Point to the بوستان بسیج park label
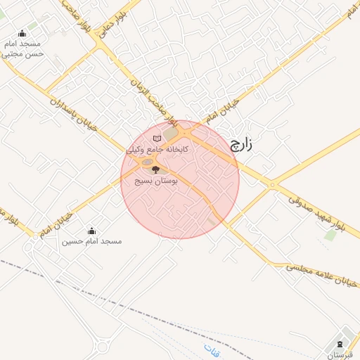[x=158, y=181]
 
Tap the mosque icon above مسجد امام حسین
[x=91, y=231]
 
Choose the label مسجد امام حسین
[x=91, y=241]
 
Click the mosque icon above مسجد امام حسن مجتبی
[x=22, y=33]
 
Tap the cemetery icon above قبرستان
[x=341, y=344]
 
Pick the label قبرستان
[x=343, y=355]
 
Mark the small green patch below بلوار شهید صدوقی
[x=330, y=235]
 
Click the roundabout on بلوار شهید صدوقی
[x=272, y=185]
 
